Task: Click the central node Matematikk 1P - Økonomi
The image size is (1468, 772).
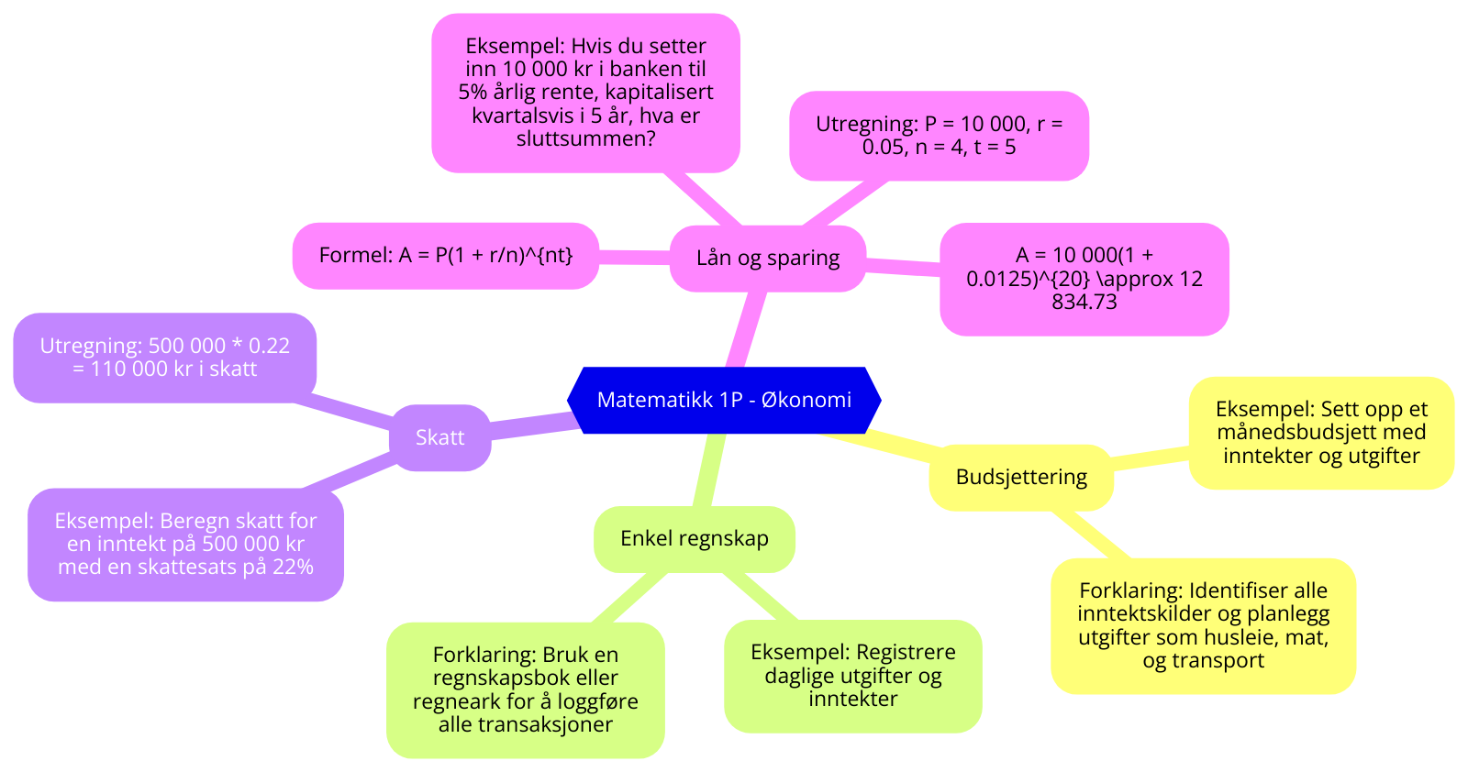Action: pos(724,400)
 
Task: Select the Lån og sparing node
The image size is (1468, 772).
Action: pos(768,258)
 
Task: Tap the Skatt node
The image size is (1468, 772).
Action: pos(440,437)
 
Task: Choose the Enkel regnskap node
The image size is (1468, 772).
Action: pos(695,538)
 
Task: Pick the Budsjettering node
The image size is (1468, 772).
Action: pos(1021,477)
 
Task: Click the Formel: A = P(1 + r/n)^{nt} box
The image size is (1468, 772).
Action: pos(446,255)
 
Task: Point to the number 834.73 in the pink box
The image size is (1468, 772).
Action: pos(1084,302)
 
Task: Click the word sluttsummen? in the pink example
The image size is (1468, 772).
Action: pos(586,139)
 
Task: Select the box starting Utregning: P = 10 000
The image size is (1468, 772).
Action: pos(939,136)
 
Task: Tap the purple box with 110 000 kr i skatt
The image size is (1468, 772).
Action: pos(165,358)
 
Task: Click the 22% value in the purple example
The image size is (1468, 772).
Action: pos(294,567)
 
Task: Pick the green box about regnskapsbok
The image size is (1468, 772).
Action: pos(525,689)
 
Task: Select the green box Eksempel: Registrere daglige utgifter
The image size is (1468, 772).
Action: pos(853,676)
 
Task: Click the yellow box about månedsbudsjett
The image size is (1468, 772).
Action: pos(1321,432)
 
